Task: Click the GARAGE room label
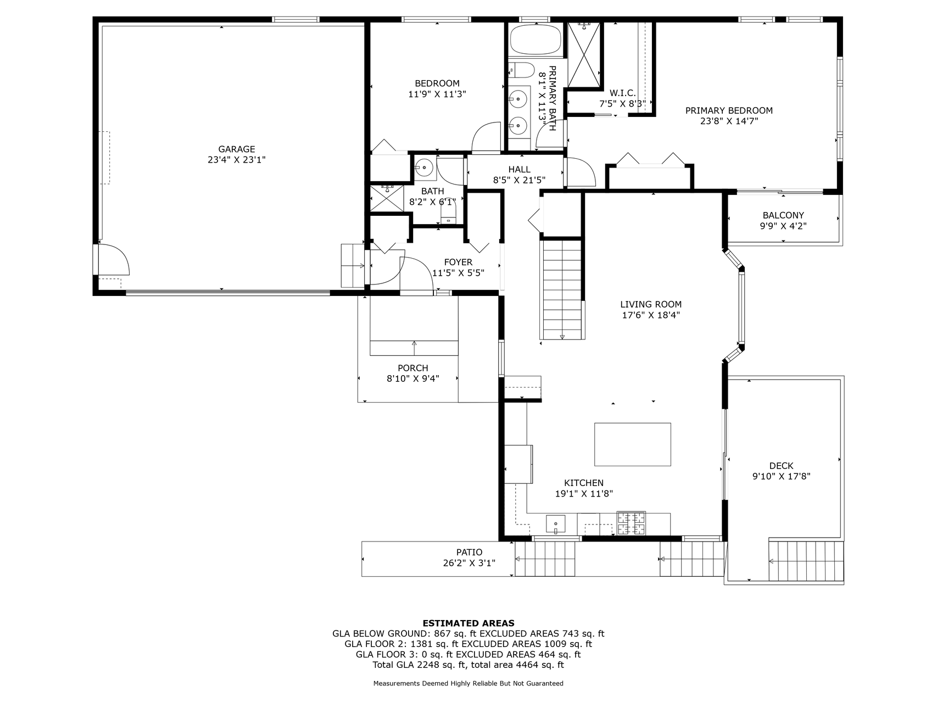point(237,149)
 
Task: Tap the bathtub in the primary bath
point(536,40)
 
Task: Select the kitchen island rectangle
point(632,444)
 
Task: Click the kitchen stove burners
point(631,523)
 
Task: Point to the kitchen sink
point(555,525)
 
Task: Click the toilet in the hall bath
point(448,212)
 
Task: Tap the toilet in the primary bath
point(521,70)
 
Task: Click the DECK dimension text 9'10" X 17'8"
point(781,477)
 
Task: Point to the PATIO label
point(469,553)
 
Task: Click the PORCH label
point(412,368)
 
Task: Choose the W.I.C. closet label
point(622,93)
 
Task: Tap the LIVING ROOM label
point(651,304)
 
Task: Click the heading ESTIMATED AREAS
point(468,623)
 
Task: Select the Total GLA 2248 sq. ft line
point(468,665)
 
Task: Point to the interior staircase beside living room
point(561,289)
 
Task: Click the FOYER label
point(458,263)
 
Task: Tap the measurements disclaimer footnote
point(468,684)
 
